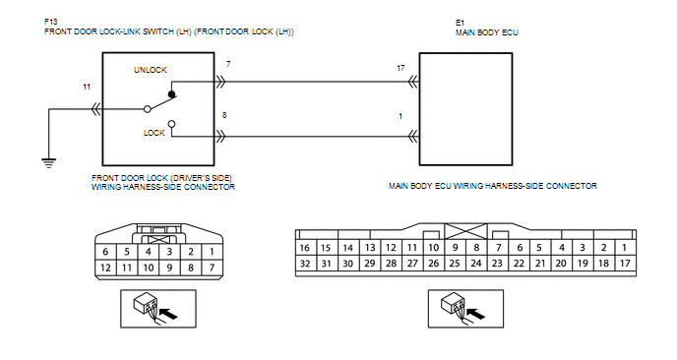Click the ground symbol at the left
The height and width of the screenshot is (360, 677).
49,163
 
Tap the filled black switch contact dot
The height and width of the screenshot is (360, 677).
172,94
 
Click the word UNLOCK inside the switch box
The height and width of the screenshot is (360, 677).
151,70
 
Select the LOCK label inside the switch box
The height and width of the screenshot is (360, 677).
154,133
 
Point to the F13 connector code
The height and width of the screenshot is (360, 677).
50,22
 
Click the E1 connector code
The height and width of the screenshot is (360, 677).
460,23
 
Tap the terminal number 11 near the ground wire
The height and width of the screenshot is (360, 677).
87,87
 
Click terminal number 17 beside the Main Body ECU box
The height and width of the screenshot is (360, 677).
400,68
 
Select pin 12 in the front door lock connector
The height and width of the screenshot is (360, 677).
105,269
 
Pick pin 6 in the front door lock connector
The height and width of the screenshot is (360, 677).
105,252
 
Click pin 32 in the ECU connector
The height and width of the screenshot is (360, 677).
305,264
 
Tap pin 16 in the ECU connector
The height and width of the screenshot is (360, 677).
305,248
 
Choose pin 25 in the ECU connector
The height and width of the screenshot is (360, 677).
455,264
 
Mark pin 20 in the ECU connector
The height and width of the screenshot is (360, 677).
561,264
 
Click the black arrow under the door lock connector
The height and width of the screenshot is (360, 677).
169,314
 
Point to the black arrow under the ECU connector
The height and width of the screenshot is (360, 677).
476,314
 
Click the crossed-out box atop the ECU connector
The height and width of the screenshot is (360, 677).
465,231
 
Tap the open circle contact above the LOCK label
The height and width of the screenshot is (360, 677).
172,124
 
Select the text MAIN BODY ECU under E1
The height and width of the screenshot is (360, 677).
486,32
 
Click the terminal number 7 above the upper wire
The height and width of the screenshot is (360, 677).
228,64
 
